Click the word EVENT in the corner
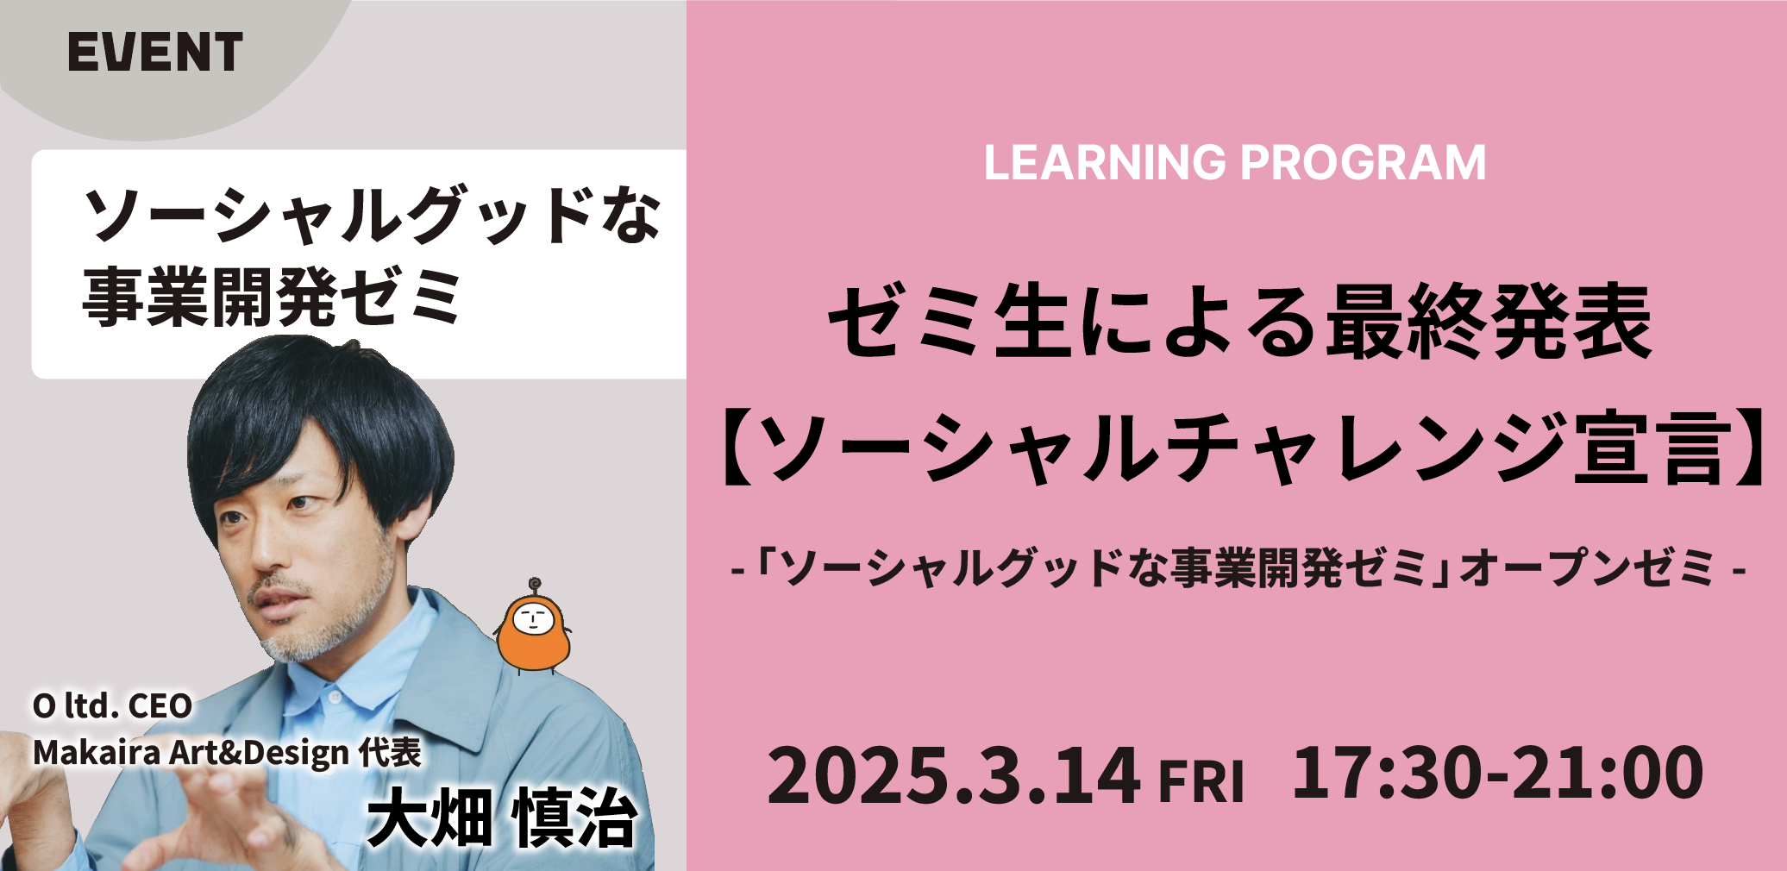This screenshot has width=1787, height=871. click(x=155, y=52)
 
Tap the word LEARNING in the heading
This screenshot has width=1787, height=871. click(x=1105, y=162)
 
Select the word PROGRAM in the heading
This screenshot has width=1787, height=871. click(x=1364, y=162)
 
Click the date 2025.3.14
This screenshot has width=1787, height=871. click(x=954, y=775)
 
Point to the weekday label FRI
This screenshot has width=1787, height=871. click(x=1201, y=782)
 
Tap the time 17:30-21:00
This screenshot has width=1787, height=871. click(x=1497, y=772)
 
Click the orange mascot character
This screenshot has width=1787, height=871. click(x=534, y=625)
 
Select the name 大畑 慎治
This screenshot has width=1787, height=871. click(x=502, y=817)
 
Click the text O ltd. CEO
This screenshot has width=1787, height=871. click(x=112, y=706)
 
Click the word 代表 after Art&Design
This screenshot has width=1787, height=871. click(x=390, y=753)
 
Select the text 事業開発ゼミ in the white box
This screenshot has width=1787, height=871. click(x=273, y=298)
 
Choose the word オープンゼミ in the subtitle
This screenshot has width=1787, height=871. click(x=1587, y=568)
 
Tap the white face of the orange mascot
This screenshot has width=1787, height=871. click(x=533, y=618)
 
